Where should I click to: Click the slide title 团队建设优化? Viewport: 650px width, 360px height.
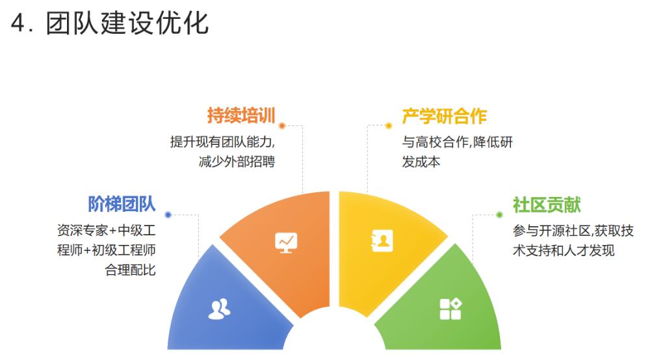pos(127,23)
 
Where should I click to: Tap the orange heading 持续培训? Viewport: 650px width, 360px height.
pos(241,115)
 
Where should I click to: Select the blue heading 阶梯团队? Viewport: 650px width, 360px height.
pos(122,204)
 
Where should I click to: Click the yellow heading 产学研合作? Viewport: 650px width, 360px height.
pos(445,116)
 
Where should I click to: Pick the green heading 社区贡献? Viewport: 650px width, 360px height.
pos(547,205)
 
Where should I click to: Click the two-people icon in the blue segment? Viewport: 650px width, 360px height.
pos(219,309)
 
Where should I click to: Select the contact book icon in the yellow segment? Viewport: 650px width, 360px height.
pos(382,240)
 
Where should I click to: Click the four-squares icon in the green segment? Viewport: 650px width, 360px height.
pos(450,309)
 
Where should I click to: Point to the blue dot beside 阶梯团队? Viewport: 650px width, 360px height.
pos(168,214)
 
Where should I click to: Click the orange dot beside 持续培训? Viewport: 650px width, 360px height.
pos(282,125)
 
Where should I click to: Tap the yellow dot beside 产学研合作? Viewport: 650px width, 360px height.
pos(389,125)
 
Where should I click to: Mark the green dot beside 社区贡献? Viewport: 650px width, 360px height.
pos(499,214)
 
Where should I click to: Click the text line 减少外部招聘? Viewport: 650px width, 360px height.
pos(237,162)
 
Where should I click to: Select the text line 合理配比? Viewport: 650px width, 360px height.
pos(130,270)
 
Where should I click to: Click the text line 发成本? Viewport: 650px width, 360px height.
pos(421,162)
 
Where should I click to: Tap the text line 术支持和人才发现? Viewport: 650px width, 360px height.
pos(564,250)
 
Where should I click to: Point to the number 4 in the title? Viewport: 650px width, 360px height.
pos(18,23)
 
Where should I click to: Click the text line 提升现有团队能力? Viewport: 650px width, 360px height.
pos(222,142)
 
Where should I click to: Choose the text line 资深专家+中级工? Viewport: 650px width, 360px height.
pos(106,230)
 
